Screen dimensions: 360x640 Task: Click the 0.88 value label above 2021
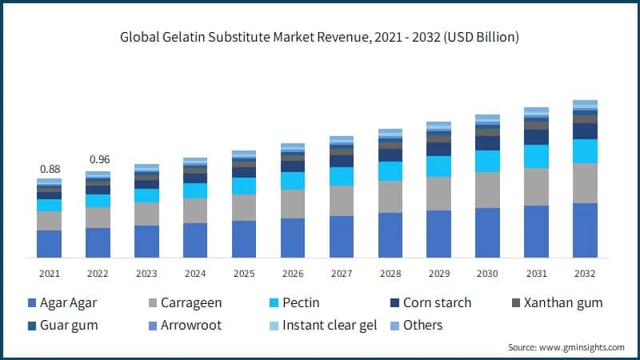(x=49, y=169)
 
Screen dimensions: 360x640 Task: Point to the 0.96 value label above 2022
(x=98, y=158)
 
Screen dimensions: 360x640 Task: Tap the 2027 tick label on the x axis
(x=342, y=274)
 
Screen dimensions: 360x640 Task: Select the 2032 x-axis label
(x=586, y=274)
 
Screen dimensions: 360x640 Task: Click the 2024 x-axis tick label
(x=195, y=274)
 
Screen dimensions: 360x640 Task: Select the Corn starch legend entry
(x=436, y=303)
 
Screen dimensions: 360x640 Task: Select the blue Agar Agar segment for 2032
(x=586, y=230)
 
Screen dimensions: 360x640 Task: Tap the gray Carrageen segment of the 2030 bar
(x=488, y=190)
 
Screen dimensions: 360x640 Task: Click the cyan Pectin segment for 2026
(x=293, y=181)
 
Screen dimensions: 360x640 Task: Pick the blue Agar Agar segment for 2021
(x=49, y=244)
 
